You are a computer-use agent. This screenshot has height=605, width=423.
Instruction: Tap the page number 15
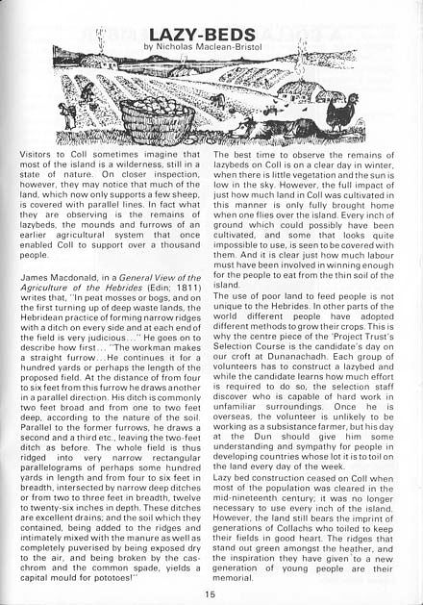click(210, 593)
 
